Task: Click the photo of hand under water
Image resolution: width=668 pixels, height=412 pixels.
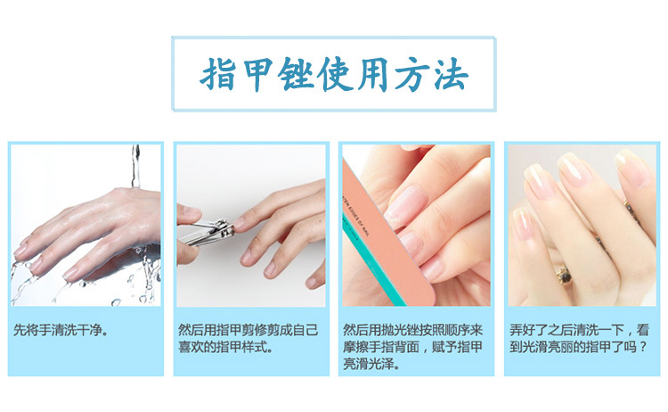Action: coord(86,225)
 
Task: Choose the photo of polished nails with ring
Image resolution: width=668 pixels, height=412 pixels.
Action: coord(582,225)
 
